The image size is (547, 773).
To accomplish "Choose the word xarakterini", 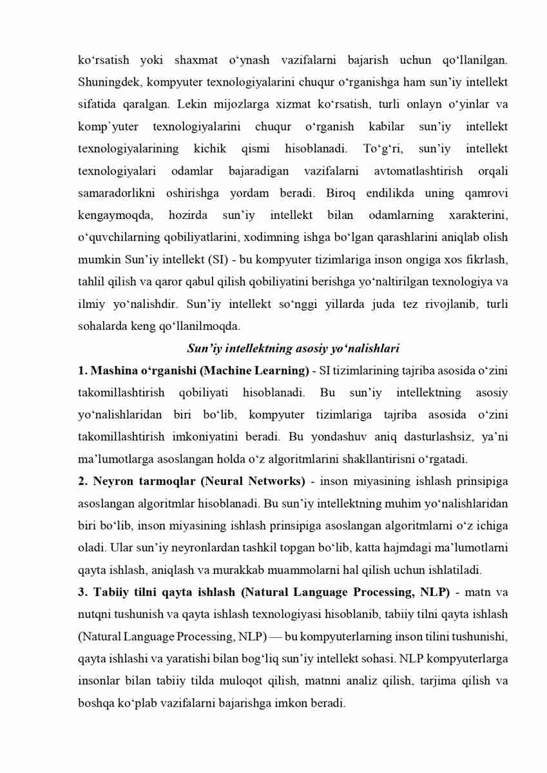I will [477, 215].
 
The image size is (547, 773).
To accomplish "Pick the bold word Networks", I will [279, 481].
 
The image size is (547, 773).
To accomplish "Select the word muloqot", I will [241, 680].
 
